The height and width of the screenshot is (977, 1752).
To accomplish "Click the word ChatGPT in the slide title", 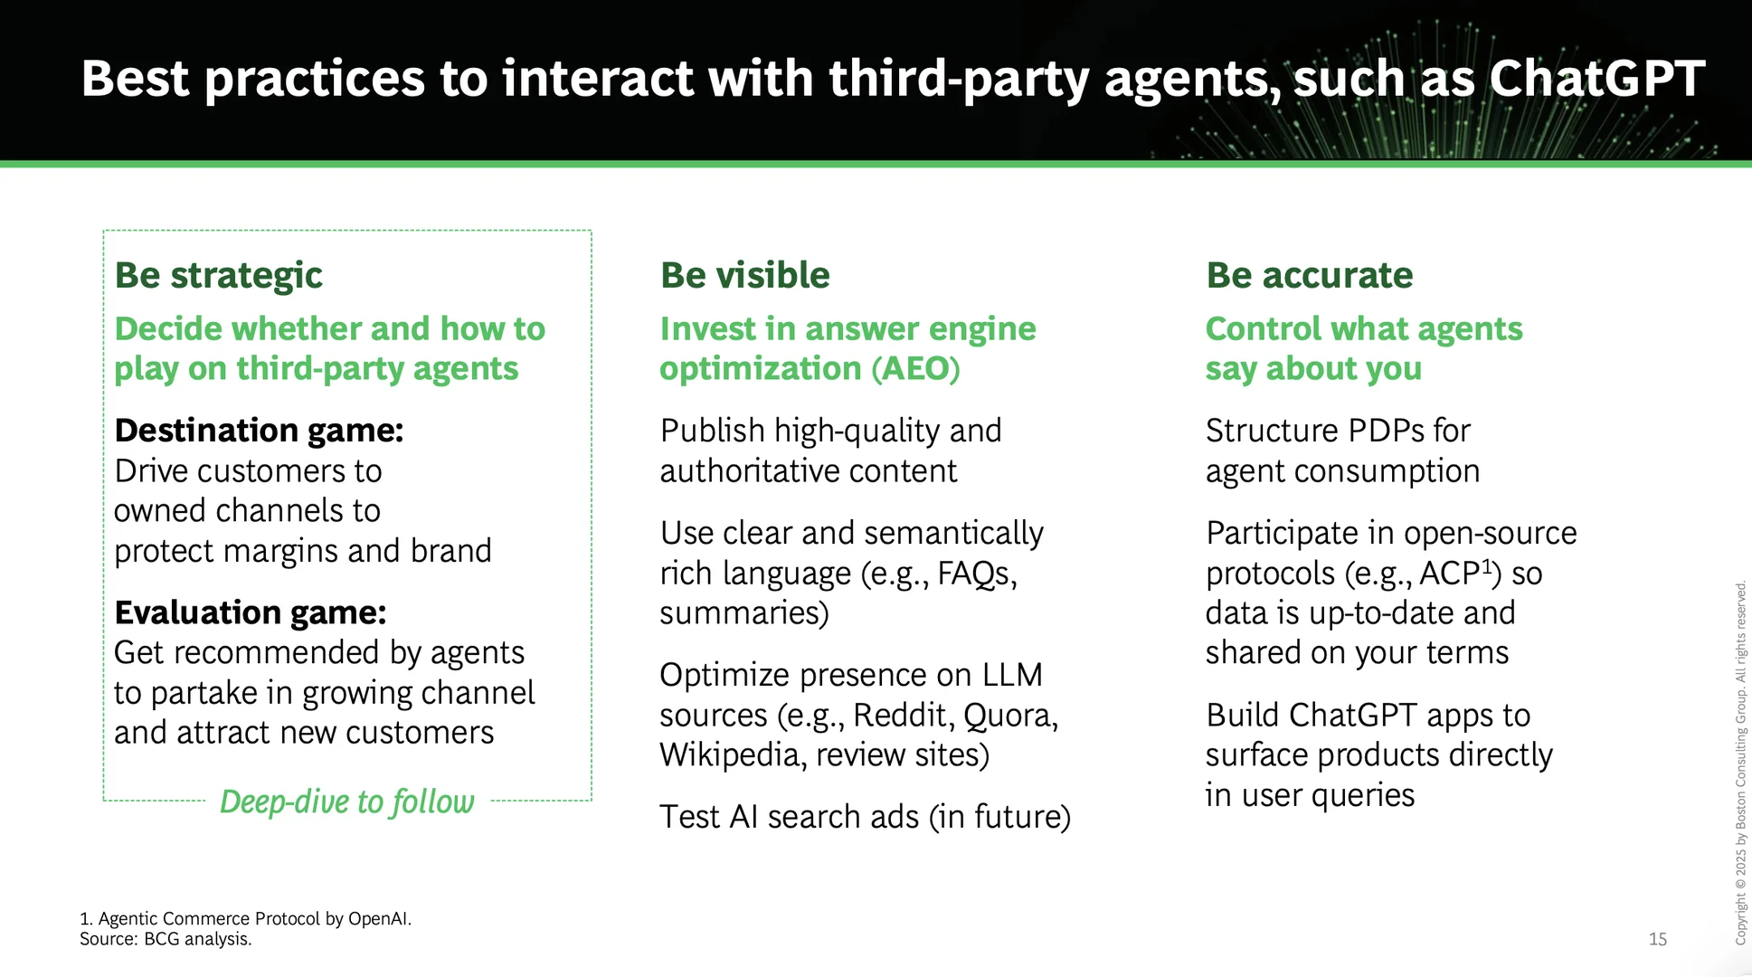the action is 1596,78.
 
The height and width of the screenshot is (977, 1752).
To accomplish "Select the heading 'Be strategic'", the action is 218,276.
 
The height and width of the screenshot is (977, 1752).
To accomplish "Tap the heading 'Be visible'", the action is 744,275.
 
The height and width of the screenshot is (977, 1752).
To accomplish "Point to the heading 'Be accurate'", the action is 1309,275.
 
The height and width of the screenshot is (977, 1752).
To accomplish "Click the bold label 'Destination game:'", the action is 259,431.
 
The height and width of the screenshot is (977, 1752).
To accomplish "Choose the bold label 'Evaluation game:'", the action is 251,612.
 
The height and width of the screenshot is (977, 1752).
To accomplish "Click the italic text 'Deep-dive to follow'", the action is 347,802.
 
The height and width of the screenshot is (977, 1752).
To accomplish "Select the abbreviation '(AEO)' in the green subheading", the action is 915,369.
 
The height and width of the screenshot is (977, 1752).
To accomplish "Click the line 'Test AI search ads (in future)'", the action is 866,817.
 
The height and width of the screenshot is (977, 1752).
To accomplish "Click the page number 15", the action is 1658,939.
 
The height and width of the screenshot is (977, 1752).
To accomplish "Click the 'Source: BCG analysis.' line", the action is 166,939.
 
